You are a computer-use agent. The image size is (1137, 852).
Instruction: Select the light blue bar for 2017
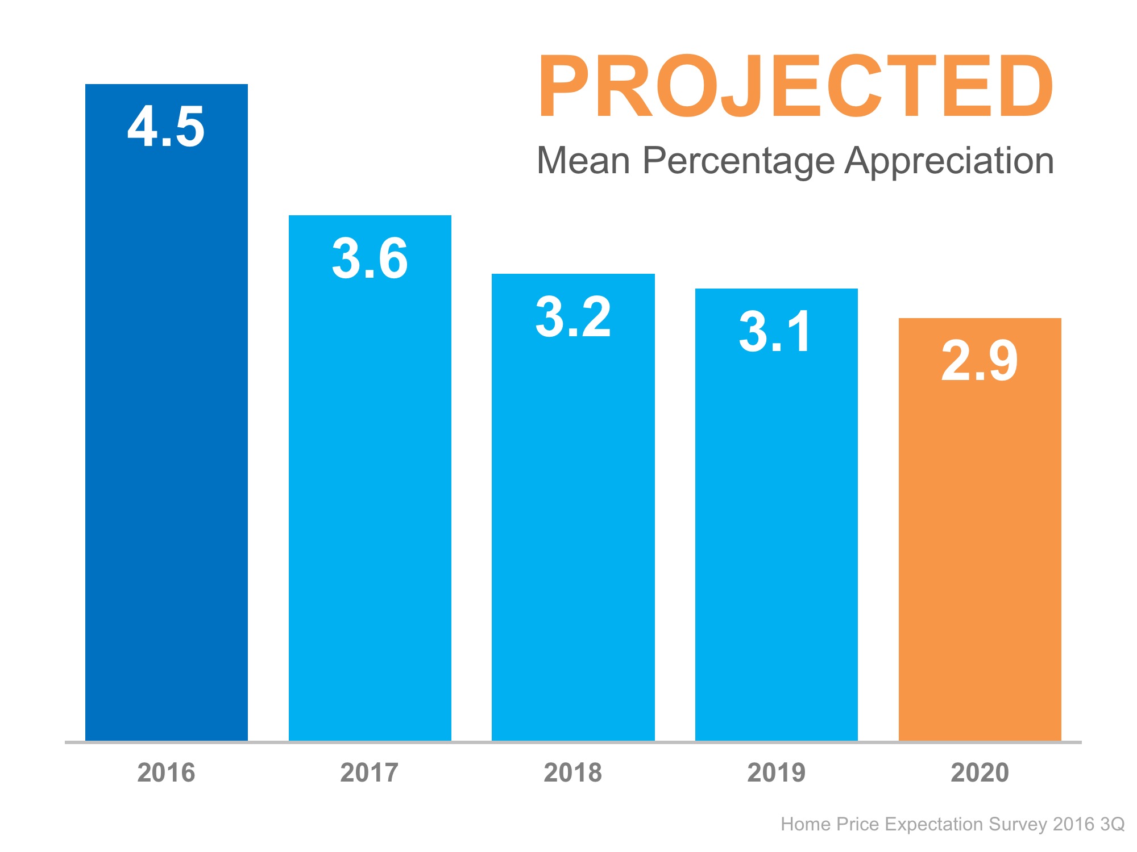pyautogui.click(x=370, y=500)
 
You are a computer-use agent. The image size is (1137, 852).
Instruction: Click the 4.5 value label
pyautogui.click(x=166, y=127)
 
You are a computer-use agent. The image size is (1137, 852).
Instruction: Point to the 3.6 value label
pyautogui.click(x=370, y=259)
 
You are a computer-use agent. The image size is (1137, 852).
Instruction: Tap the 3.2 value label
pyautogui.click(x=573, y=317)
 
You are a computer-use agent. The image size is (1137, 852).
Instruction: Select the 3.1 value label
pyautogui.click(x=775, y=332)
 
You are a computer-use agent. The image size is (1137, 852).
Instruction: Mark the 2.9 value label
pyautogui.click(x=979, y=361)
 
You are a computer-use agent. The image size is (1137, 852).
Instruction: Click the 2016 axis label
pyautogui.click(x=166, y=773)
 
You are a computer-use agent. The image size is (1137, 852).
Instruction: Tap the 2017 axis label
pyautogui.click(x=370, y=773)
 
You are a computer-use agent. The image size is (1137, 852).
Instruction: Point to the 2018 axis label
pyautogui.click(x=573, y=773)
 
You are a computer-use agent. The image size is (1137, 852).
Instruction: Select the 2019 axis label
pyautogui.click(x=776, y=773)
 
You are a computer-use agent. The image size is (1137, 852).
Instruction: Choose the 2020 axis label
pyautogui.click(x=980, y=773)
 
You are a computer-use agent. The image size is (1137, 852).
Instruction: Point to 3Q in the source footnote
pyautogui.click(x=1112, y=824)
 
